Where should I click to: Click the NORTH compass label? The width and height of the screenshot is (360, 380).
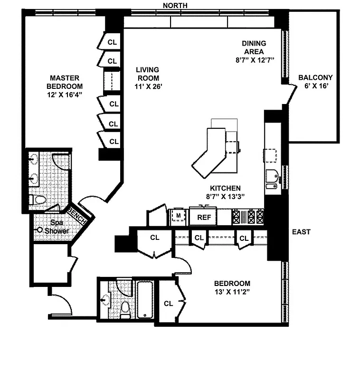tap(175, 5)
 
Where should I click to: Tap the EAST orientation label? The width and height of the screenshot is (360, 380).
tap(301, 232)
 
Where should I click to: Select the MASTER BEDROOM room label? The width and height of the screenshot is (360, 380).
tap(66, 82)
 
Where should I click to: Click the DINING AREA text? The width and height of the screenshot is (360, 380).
tap(254, 47)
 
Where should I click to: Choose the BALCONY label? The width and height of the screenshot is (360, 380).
tap(315, 77)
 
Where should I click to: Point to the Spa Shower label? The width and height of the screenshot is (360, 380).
tap(57, 226)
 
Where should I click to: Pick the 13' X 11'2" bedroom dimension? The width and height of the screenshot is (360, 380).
tap(232, 292)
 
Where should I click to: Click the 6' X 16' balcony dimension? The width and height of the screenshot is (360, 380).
tap(316, 86)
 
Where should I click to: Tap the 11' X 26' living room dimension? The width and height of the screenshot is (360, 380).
tap(146, 87)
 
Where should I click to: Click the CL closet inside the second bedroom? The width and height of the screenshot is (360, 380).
tap(168, 303)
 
